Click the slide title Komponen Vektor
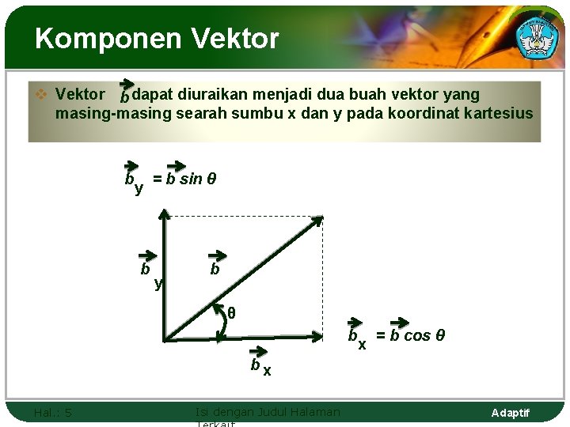157,38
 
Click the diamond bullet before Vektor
43,94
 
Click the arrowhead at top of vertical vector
164,213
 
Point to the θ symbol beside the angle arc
231,313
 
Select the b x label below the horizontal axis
260,367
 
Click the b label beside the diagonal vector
215,269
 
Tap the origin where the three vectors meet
165,339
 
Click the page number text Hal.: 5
52,412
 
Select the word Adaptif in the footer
510,413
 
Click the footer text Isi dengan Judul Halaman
267,411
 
